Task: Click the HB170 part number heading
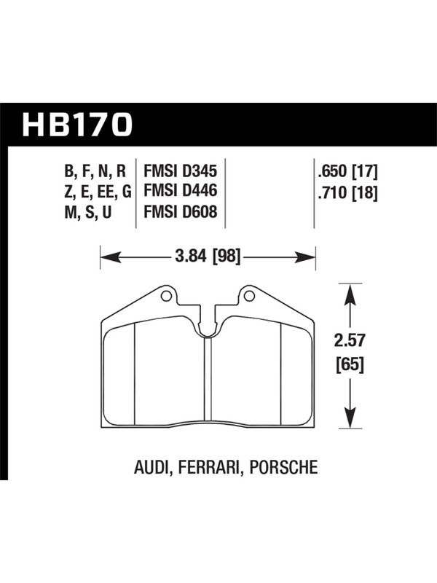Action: pyautogui.click(x=77, y=125)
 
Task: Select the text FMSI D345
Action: pyautogui.click(x=180, y=171)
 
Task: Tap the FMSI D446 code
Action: pyautogui.click(x=180, y=191)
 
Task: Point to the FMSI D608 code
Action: pyautogui.click(x=180, y=212)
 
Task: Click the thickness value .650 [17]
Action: pyautogui.click(x=348, y=172)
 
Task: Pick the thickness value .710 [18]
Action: pyautogui.click(x=348, y=193)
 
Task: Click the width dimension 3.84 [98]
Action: pyautogui.click(x=208, y=257)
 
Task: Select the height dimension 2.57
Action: pyautogui.click(x=350, y=340)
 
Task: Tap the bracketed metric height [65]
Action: pyautogui.click(x=350, y=364)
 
